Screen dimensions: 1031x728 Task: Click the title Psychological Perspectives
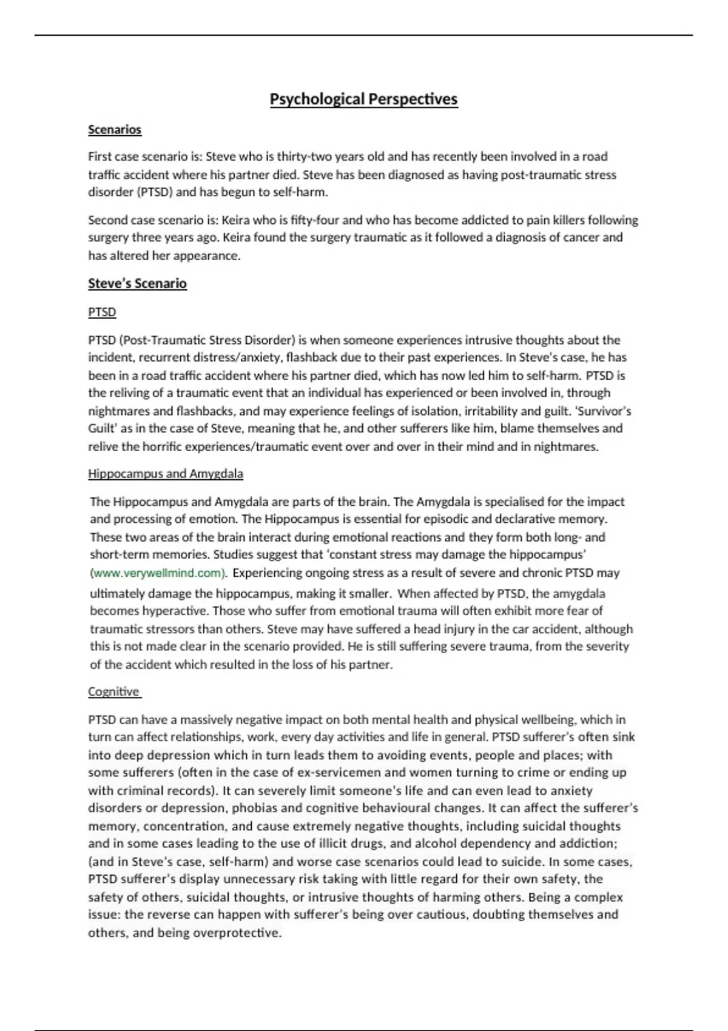point(363,99)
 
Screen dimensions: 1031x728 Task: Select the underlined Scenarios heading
point(115,129)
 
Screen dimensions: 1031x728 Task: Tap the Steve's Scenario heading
point(137,283)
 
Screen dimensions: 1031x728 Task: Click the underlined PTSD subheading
point(102,312)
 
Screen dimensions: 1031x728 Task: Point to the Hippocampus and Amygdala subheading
point(166,474)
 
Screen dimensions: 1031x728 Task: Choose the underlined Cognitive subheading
point(113,691)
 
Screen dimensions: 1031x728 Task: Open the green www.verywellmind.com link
point(158,573)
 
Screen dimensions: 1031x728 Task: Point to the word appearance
point(206,255)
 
